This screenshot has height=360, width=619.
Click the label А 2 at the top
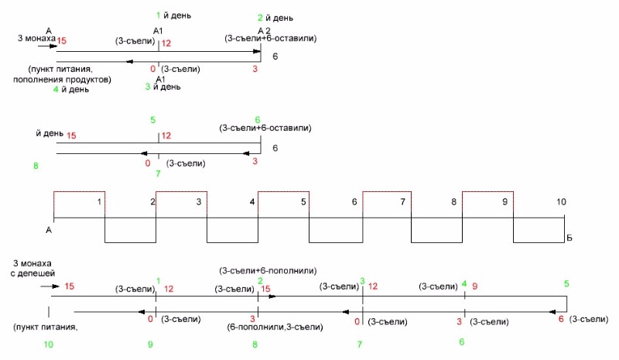265,29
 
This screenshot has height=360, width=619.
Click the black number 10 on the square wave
561,201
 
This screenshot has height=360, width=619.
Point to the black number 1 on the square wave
99,201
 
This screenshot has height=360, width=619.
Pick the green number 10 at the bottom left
49,343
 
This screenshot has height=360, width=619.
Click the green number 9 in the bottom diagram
150,343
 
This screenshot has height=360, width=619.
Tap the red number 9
475,287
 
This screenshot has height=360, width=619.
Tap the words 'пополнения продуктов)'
63,79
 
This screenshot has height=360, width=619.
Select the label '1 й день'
174,15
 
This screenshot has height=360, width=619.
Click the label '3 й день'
163,87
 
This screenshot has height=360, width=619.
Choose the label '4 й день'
70,89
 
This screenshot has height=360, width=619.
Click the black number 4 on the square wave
252,201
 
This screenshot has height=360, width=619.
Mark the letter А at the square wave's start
49,230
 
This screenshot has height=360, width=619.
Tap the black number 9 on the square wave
504,201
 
